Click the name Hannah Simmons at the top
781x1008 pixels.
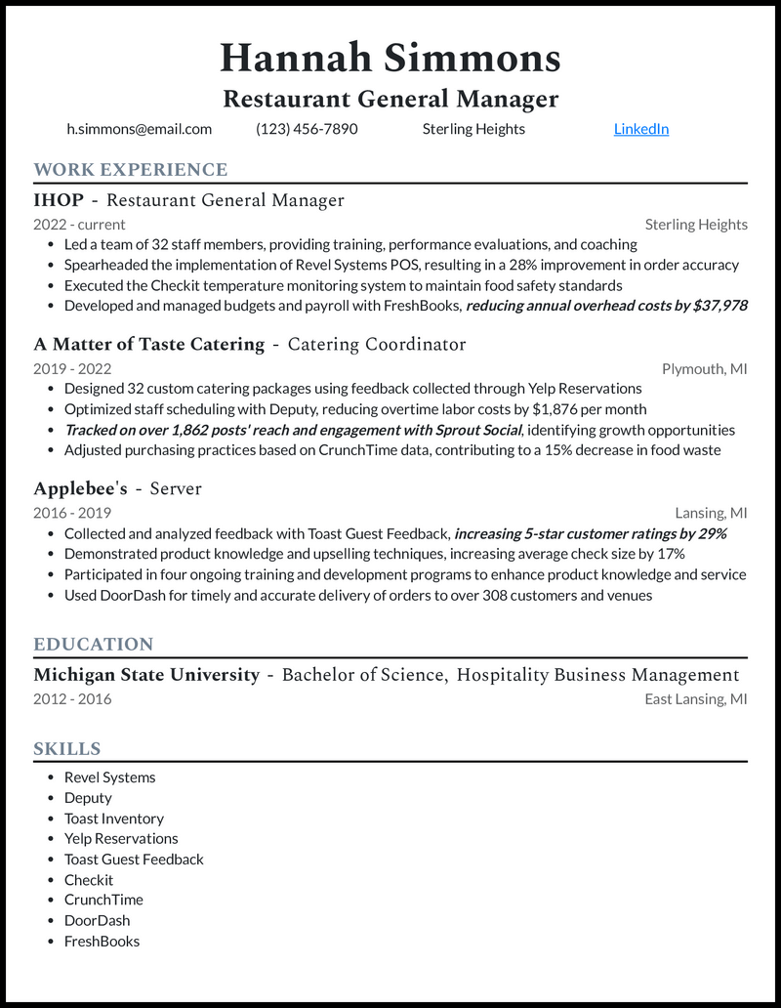390,58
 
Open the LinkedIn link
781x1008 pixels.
640,129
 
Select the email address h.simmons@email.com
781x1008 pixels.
139,129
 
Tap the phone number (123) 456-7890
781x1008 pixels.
307,129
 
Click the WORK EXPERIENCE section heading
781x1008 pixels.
131,170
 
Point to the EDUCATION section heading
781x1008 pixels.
94,645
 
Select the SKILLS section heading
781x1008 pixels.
67,749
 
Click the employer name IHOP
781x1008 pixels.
59,201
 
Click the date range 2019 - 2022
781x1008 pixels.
72,369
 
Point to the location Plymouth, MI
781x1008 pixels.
704,369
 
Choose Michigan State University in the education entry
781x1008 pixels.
146,675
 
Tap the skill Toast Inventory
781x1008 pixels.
113,819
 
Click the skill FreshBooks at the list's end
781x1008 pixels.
102,942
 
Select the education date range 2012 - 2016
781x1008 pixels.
72,699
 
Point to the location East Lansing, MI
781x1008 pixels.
695,699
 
